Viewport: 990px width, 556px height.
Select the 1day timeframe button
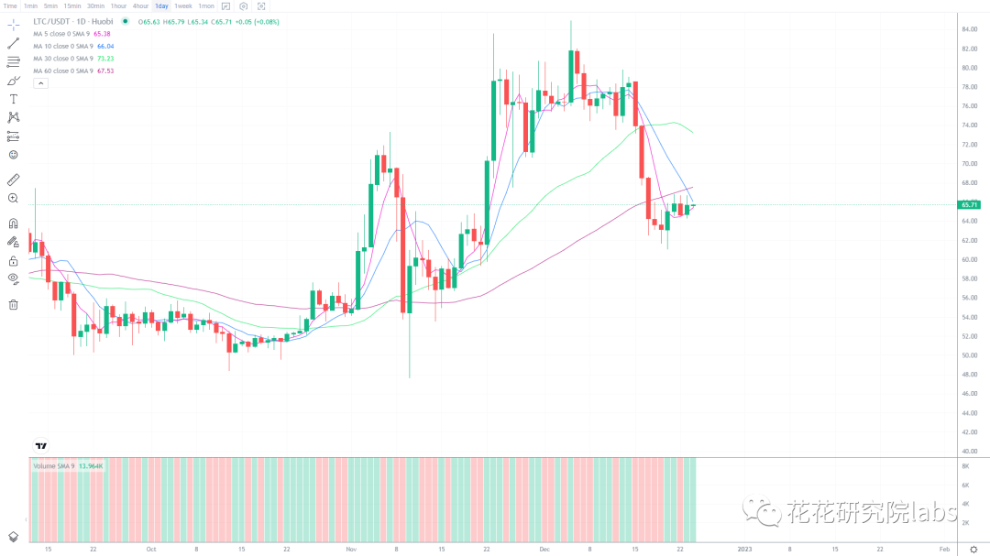161,5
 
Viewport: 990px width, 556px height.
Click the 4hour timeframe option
140,5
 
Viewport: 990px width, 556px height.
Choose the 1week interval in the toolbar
183,5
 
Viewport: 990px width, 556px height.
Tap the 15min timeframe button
72,5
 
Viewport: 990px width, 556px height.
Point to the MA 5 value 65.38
103,34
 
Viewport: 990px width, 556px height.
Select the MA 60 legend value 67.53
105,71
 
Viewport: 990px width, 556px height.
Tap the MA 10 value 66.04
105,46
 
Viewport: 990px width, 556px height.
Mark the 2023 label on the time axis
745,550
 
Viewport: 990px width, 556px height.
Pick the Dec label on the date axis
544,550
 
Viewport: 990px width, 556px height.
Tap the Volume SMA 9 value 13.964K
91,466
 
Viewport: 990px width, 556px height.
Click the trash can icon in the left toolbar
13,305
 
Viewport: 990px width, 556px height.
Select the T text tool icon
13,98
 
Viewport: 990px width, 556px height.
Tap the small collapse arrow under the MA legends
40,83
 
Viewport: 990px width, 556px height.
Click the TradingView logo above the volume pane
40,446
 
